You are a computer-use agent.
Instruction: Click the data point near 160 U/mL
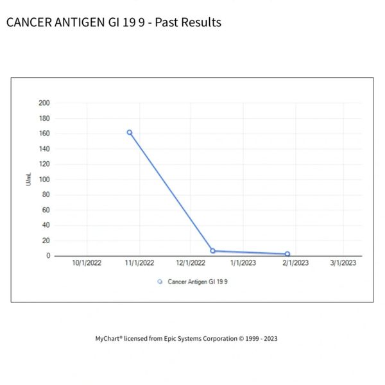pos(130,132)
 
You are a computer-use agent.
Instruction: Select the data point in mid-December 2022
pos(212,251)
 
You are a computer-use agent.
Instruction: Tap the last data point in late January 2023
pos(287,254)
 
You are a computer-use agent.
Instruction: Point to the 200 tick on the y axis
pos(44,103)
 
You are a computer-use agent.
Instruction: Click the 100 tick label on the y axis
pos(44,179)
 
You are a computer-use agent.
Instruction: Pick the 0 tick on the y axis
pos(47,255)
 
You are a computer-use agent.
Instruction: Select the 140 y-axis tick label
pos(44,149)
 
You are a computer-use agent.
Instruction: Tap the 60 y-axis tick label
pos(46,210)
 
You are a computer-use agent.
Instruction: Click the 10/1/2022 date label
pos(87,263)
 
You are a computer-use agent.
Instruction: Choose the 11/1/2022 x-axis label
pos(139,263)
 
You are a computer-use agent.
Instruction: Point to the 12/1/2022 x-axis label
pos(191,263)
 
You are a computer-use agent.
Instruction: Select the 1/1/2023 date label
pos(243,263)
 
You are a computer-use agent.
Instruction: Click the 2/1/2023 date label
pos(295,263)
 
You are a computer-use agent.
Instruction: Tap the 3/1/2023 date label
pos(343,263)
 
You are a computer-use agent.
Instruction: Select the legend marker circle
pos(160,281)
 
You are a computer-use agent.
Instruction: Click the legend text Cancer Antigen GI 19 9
pos(198,281)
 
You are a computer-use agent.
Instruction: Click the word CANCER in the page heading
pos(29,22)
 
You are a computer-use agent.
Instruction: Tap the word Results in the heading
pos(200,22)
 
